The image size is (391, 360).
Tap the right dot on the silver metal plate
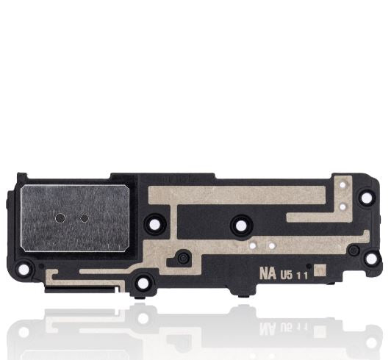(x=84, y=218)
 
